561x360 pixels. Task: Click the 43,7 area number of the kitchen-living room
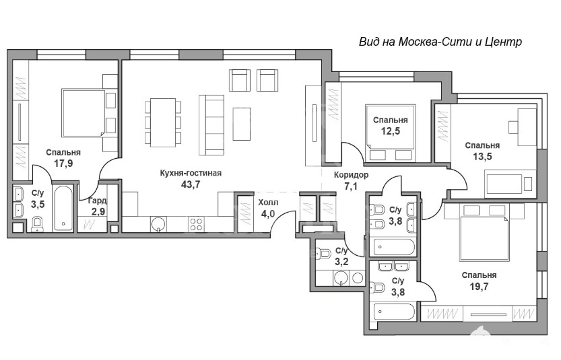[191, 184]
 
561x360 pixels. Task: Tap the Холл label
[268, 203]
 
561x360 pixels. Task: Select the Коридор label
[351, 175]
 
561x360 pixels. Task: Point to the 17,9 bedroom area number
[63, 164]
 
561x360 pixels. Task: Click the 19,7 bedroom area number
[479, 287]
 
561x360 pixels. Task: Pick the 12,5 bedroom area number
[391, 131]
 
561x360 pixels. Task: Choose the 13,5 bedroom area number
[482, 156]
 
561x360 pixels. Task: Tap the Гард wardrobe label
[97, 201]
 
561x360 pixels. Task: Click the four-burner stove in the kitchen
[196, 224]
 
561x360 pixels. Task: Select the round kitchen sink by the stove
[158, 224]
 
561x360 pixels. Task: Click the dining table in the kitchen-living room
[163, 122]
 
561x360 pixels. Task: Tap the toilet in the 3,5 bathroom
[37, 224]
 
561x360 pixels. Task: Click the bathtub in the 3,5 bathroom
[63, 209]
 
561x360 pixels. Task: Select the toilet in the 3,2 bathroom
[324, 254]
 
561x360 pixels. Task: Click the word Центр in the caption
[504, 42]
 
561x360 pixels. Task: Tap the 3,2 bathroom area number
[341, 262]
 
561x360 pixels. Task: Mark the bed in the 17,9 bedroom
[84, 113]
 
